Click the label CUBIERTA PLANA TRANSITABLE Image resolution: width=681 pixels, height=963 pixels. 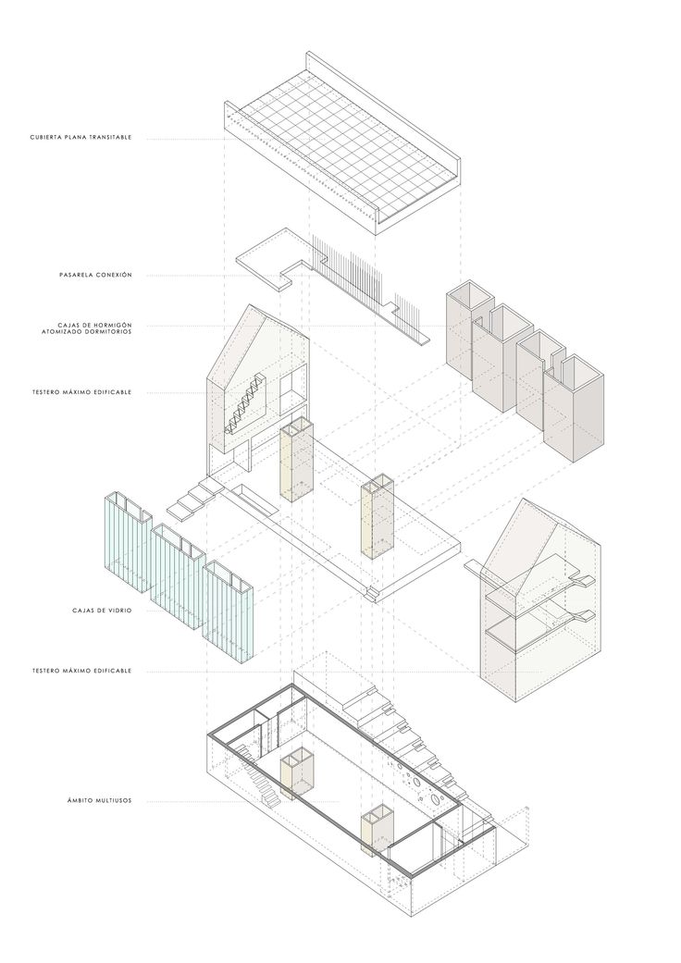[x=80, y=138]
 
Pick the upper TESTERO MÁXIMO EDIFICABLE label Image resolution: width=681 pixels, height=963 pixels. [x=80, y=392]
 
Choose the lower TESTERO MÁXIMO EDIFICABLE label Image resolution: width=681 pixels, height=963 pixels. [x=80, y=670]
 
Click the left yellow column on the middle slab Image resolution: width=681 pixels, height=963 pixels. [x=295, y=463]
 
